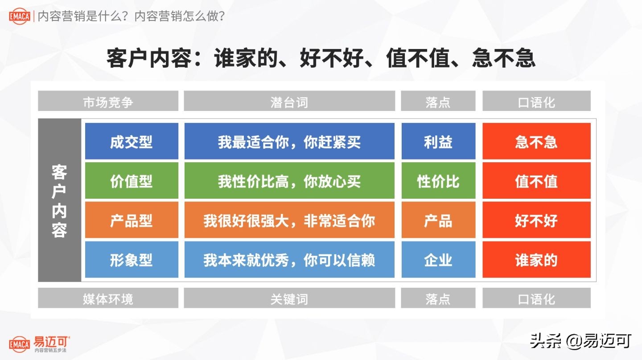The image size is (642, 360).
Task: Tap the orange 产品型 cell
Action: tap(132, 220)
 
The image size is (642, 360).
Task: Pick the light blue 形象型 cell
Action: tap(132, 259)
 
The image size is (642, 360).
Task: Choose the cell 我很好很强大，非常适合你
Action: tap(289, 220)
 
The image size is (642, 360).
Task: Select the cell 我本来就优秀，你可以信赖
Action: tap(289, 259)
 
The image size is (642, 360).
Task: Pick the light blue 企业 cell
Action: tap(438, 259)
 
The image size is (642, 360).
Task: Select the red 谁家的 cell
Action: tap(536, 259)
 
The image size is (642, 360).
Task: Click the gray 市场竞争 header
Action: tap(108, 101)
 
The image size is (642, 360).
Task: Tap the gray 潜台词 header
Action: tap(289, 101)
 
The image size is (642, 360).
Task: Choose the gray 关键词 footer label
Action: tap(289, 298)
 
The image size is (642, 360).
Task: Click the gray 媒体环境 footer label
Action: tap(108, 298)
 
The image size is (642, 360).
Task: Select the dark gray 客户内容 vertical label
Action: tap(59, 200)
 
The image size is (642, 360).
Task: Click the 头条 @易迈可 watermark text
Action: tap(580, 341)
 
